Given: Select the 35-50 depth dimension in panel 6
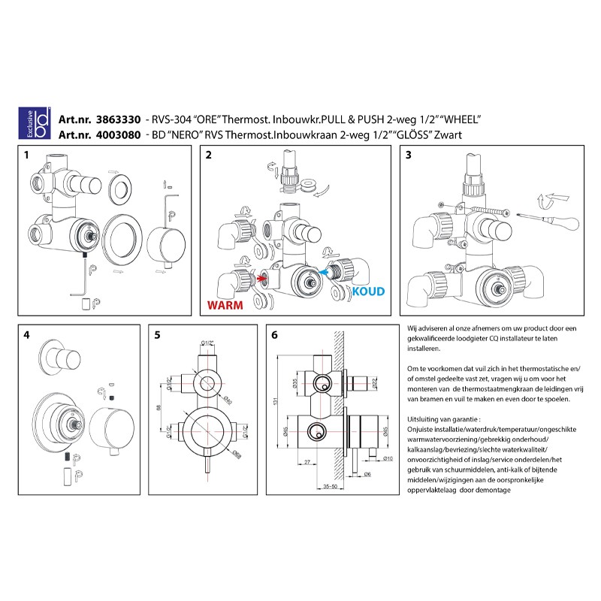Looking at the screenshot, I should tap(328, 487).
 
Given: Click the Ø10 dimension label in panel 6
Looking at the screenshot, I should tap(388, 459).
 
